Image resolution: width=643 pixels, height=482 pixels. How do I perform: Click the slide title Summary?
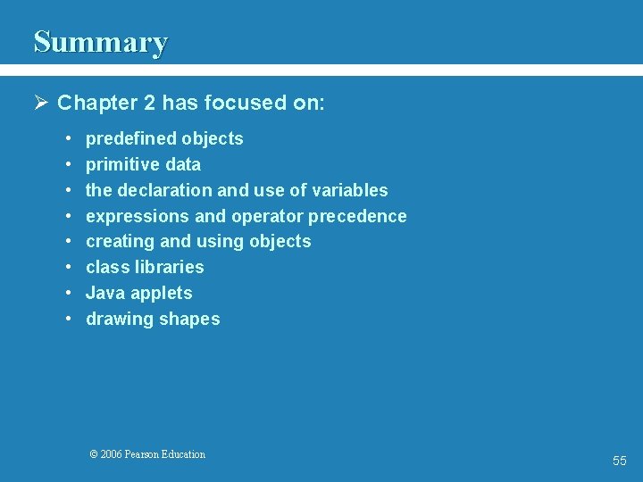click(x=100, y=42)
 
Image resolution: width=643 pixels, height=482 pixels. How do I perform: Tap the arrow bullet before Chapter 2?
click(x=41, y=103)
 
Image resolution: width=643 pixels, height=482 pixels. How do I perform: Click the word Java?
click(x=104, y=293)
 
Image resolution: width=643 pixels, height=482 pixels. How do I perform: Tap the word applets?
click(x=161, y=293)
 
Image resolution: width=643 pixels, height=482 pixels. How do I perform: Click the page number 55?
click(x=619, y=461)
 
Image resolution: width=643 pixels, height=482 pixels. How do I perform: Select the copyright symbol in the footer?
click(x=94, y=454)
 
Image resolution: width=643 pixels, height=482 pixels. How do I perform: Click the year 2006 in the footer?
click(x=112, y=454)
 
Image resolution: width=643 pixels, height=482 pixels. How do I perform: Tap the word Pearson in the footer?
click(x=142, y=454)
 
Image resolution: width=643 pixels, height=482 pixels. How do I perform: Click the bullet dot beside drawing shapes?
click(x=69, y=319)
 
